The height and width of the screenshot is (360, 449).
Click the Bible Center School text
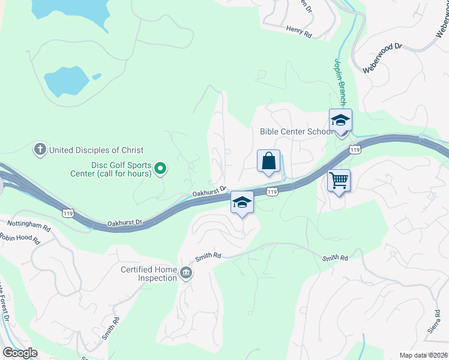pos(296,132)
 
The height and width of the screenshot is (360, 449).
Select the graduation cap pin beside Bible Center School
pos(340,121)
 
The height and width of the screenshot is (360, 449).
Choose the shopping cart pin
pos(339,180)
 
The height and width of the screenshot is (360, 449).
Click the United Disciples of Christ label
pos(96,150)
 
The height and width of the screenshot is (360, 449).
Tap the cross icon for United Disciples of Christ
pos(40,149)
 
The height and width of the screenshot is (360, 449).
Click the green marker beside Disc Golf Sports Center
pos(160,169)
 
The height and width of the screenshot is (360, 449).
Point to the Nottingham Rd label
pos(29,226)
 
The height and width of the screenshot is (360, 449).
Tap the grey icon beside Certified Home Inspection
pos(186,274)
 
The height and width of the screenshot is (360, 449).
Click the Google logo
pos(19,352)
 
